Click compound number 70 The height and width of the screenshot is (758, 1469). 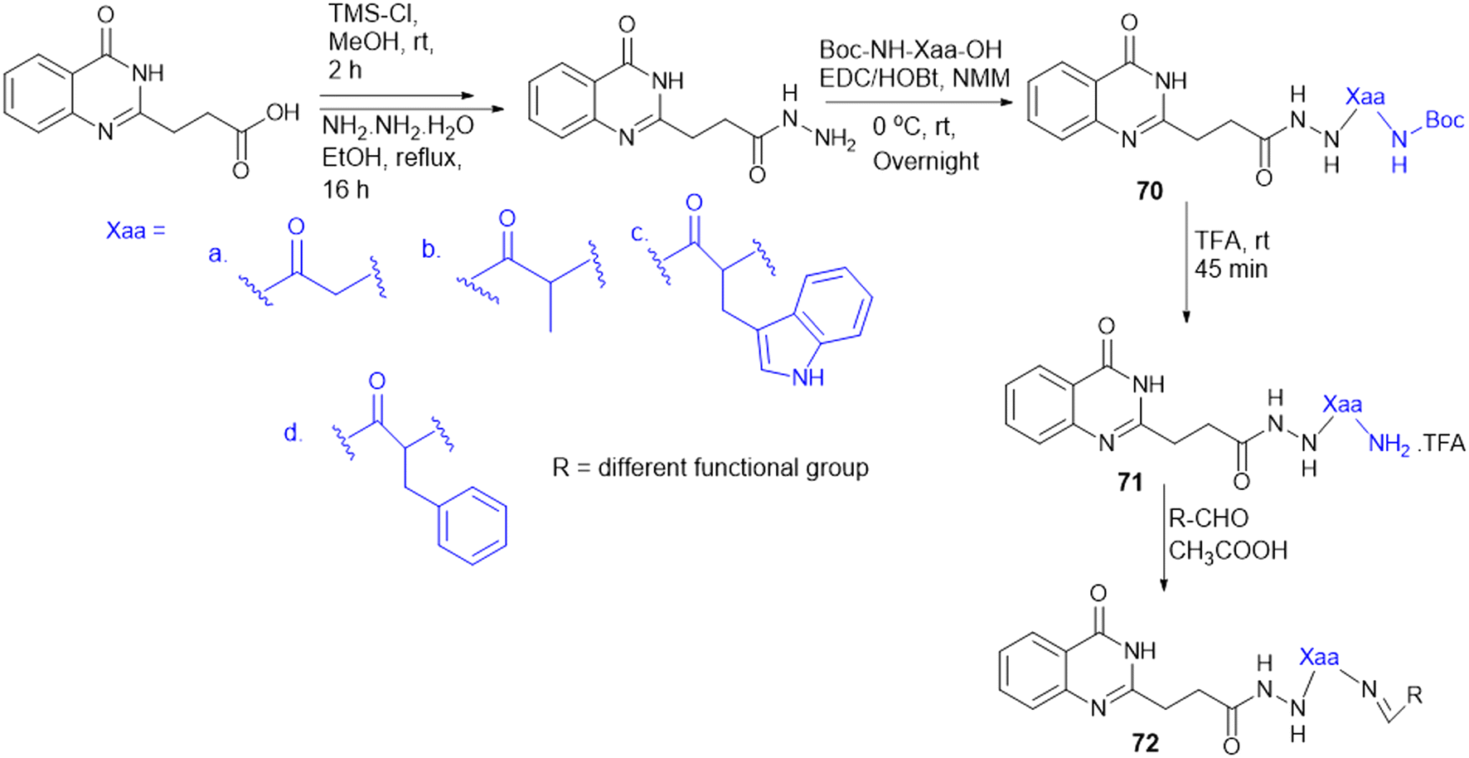click(1149, 192)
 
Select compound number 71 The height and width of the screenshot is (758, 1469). click(1130, 482)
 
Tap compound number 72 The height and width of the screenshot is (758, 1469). click(1145, 742)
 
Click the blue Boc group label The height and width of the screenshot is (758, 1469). click(1444, 120)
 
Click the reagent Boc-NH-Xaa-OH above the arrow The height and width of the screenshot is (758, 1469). click(910, 50)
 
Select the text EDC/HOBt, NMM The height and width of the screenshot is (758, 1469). click(914, 78)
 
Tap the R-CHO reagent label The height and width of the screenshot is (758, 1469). click(1208, 518)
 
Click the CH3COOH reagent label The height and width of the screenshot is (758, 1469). click(1228, 551)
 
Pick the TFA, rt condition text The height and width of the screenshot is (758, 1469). click(1232, 241)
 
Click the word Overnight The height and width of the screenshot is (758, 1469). click(926, 161)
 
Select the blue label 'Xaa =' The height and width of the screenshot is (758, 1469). click(136, 231)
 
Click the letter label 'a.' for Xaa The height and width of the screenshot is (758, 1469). click(217, 254)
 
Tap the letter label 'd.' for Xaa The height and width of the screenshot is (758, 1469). click(293, 433)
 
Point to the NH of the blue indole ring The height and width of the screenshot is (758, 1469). click(807, 377)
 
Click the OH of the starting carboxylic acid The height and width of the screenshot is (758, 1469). click(283, 112)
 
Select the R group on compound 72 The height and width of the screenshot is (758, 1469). click(1414, 695)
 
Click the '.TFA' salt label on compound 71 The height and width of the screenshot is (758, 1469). click(1441, 444)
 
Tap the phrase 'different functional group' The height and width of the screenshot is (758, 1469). click(733, 468)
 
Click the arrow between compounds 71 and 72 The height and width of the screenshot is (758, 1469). click(1164, 539)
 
